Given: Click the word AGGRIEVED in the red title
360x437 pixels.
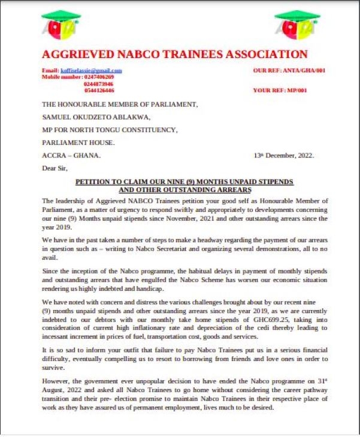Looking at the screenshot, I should tap(80, 54).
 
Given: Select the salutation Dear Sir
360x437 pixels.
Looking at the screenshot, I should tap(55, 168).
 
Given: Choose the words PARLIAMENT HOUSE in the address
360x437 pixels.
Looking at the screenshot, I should tap(78, 142).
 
